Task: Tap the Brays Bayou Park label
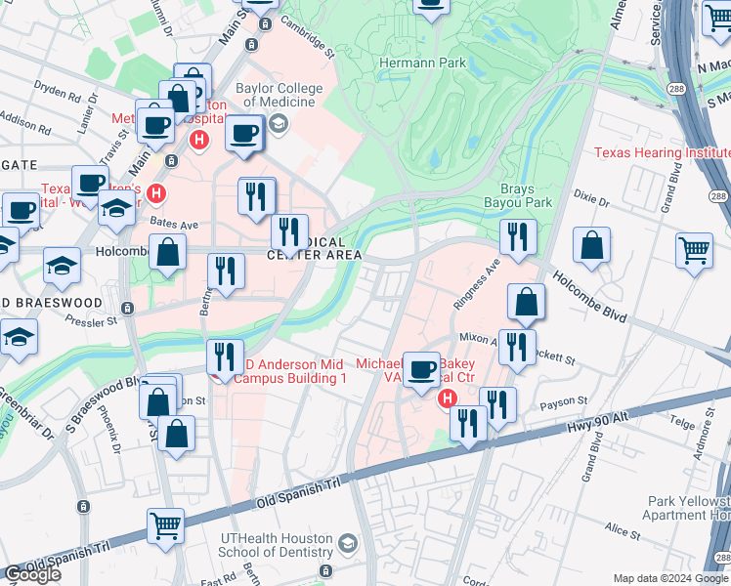[x=518, y=194]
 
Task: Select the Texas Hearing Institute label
[x=663, y=153]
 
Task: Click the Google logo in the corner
[x=32, y=574]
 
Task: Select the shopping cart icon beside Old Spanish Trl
[x=166, y=525]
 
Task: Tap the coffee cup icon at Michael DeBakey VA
[x=421, y=369]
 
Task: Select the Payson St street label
[x=564, y=400]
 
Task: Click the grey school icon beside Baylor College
[x=279, y=123]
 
